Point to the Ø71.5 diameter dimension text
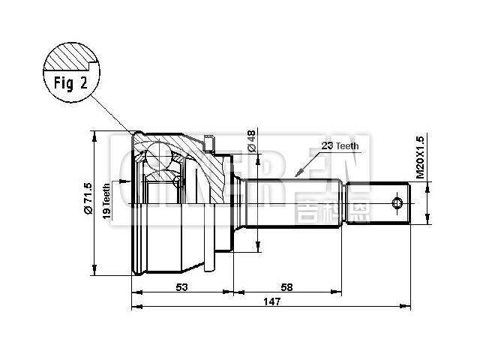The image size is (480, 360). point(88,199)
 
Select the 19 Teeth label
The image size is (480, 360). point(106,200)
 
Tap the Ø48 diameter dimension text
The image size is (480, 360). point(250,139)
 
